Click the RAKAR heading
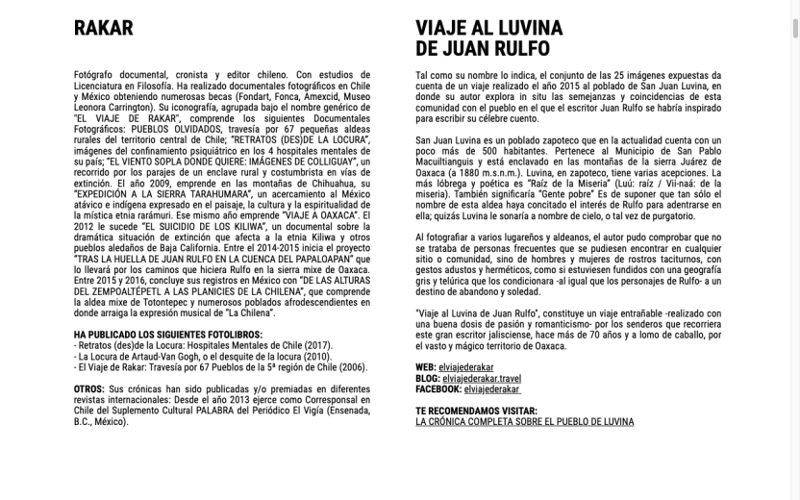103,29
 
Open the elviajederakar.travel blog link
482,379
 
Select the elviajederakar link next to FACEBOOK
492,389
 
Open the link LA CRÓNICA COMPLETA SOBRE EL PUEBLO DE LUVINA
524,421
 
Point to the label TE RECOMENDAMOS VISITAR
478,411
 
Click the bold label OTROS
88,389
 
